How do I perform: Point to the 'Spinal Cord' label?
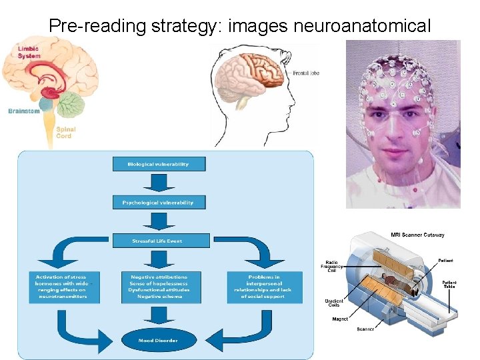pyautogui.click(x=64, y=133)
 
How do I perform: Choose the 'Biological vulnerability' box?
pyautogui.click(x=158, y=164)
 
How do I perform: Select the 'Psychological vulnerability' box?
pyautogui.click(x=158, y=202)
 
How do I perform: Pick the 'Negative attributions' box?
pyautogui.click(x=159, y=287)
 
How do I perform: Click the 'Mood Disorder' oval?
pyautogui.click(x=159, y=340)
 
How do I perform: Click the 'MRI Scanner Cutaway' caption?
pyautogui.click(x=417, y=235)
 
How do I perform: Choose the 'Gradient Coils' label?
pyautogui.click(x=334, y=303)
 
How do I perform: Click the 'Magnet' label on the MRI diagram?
pyautogui.click(x=340, y=319)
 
